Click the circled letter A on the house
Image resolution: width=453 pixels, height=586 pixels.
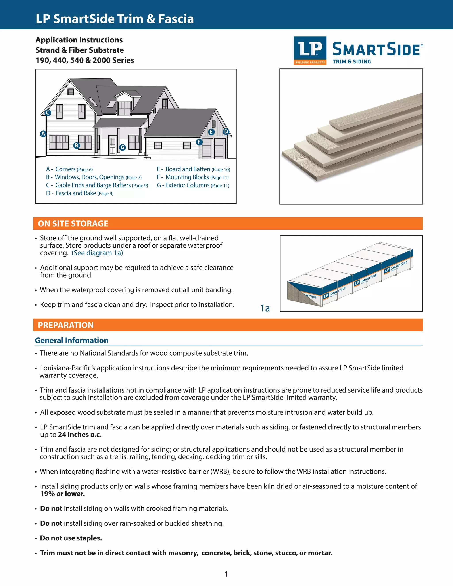click(43, 134)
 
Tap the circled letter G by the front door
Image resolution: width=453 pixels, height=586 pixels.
click(122, 147)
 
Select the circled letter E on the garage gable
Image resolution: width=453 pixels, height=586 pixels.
click(211, 132)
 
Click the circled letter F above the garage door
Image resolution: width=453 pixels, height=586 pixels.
click(199, 142)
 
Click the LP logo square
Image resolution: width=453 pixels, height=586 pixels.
click(310, 50)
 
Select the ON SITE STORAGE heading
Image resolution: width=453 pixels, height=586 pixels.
click(73, 224)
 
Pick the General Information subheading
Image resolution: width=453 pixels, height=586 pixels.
click(72, 340)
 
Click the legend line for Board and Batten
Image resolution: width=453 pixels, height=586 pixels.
click(193, 169)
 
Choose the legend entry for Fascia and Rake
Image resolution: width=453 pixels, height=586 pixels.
click(80, 193)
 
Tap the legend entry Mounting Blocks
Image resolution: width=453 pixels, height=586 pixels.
click(193, 177)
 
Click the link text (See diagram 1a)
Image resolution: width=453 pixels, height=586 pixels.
click(97, 253)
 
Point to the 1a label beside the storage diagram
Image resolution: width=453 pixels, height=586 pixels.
click(265, 308)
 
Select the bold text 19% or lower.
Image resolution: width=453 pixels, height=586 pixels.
click(63, 494)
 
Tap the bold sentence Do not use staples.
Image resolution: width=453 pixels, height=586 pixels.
click(71, 538)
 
